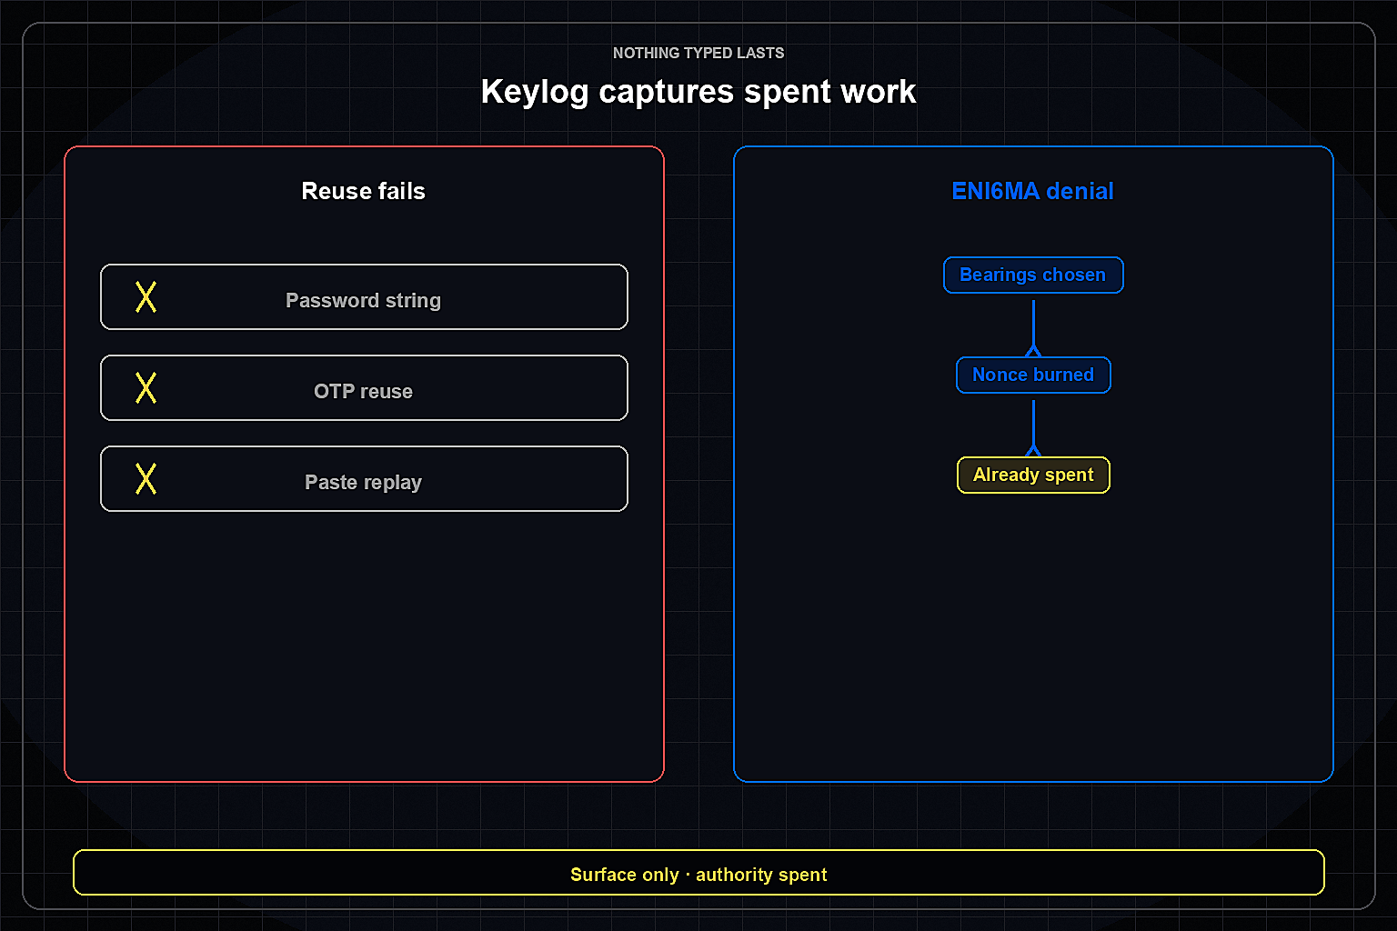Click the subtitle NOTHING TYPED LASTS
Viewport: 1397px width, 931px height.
[698, 53]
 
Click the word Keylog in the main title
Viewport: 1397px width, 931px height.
[535, 92]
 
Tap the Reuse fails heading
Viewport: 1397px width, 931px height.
[363, 191]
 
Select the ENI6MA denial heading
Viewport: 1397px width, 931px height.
[1033, 191]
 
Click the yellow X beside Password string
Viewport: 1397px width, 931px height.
[146, 296]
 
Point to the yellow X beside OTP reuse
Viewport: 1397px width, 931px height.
[146, 388]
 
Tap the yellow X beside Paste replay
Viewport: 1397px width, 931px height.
[146, 479]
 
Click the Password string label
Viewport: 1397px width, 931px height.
[364, 301]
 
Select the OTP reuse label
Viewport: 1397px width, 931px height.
[363, 392]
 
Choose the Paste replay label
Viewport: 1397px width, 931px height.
[363, 483]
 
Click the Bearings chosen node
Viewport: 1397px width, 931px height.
[1033, 275]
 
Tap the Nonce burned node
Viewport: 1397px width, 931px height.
[1033, 375]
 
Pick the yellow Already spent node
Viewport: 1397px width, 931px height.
[1033, 476]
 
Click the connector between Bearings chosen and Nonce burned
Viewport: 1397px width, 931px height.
[1033, 328]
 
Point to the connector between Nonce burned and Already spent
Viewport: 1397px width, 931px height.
[1033, 428]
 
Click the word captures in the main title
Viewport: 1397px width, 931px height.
[666, 93]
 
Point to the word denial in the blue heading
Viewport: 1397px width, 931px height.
[1080, 191]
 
